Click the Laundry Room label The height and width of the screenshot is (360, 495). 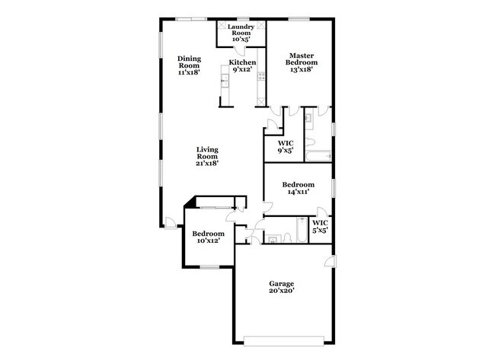pyautogui.click(x=241, y=33)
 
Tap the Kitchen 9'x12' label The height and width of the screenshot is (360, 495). pyautogui.click(x=242, y=65)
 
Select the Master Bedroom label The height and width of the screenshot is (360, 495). pyautogui.click(x=302, y=62)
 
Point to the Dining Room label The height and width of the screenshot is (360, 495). pyautogui.click(x=189, y=65)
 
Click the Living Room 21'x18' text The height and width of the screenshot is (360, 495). pyautogui.click(x=207, y=156)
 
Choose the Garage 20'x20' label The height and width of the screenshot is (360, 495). pyautogui.click(x=282, y=287)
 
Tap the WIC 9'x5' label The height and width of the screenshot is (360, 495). pyautogui.click(x=286, y=147)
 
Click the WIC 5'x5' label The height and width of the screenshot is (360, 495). pyautogui.click(x=320, y=227)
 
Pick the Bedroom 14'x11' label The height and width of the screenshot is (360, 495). pyautogui.click(x=299, y=188)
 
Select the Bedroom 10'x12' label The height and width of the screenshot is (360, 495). pyautogui.click(x=209, y=237)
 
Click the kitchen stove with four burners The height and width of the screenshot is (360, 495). pyautogui.click(x=261, y=75)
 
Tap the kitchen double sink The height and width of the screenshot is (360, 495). pyautogui.click(x=225, y=81)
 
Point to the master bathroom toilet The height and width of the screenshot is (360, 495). pyautogui.click(x=310, y=142)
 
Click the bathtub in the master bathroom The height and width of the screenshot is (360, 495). pyautogui.click(x=318, y=156)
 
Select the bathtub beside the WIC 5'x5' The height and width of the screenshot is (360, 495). pyautogui.click(x=302, y=230)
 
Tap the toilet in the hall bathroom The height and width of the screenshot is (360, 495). pyautogui.click(x=287, y=238)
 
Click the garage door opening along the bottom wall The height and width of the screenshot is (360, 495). pyautogui.click(x=284, y=341)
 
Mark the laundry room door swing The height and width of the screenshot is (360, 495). pyautogui.click(x=238, y=52)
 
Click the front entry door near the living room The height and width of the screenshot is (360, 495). pyautogui.click(x=171, y=223)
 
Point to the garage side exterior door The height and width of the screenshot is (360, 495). pyautogui.click(x=331, y=261)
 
